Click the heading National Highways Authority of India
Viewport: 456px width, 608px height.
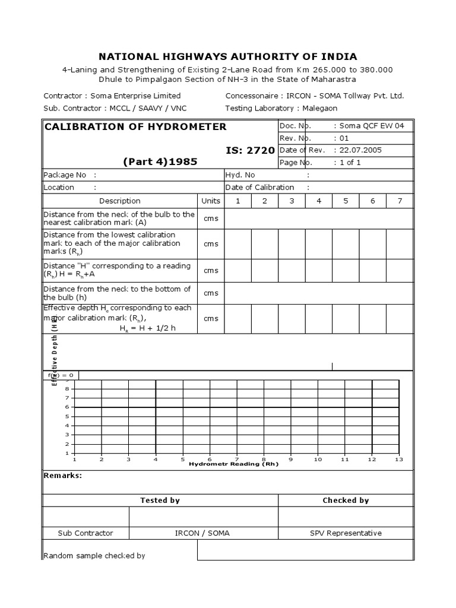coord(227,57)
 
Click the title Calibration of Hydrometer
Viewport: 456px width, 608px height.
coord(135,126)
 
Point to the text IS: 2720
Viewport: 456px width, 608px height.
coord(250,150)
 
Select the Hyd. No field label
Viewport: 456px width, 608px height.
coord(240,175)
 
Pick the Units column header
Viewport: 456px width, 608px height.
coord(211,201)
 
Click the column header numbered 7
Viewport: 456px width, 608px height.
coord(400,201)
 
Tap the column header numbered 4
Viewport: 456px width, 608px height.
coord(319,201)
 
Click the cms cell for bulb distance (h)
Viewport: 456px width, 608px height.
coord(211,293)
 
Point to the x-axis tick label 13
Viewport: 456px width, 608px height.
coord(399,459)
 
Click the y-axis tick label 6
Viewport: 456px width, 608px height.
coord(66,407)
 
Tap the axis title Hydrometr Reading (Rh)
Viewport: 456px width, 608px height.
coord(233,464)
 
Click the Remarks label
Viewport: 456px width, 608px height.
coord(63,476)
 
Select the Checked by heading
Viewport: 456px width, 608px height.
coord(346,501)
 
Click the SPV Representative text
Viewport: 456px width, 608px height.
coord(346,533)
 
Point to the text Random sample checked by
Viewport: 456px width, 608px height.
coord(94,556)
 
